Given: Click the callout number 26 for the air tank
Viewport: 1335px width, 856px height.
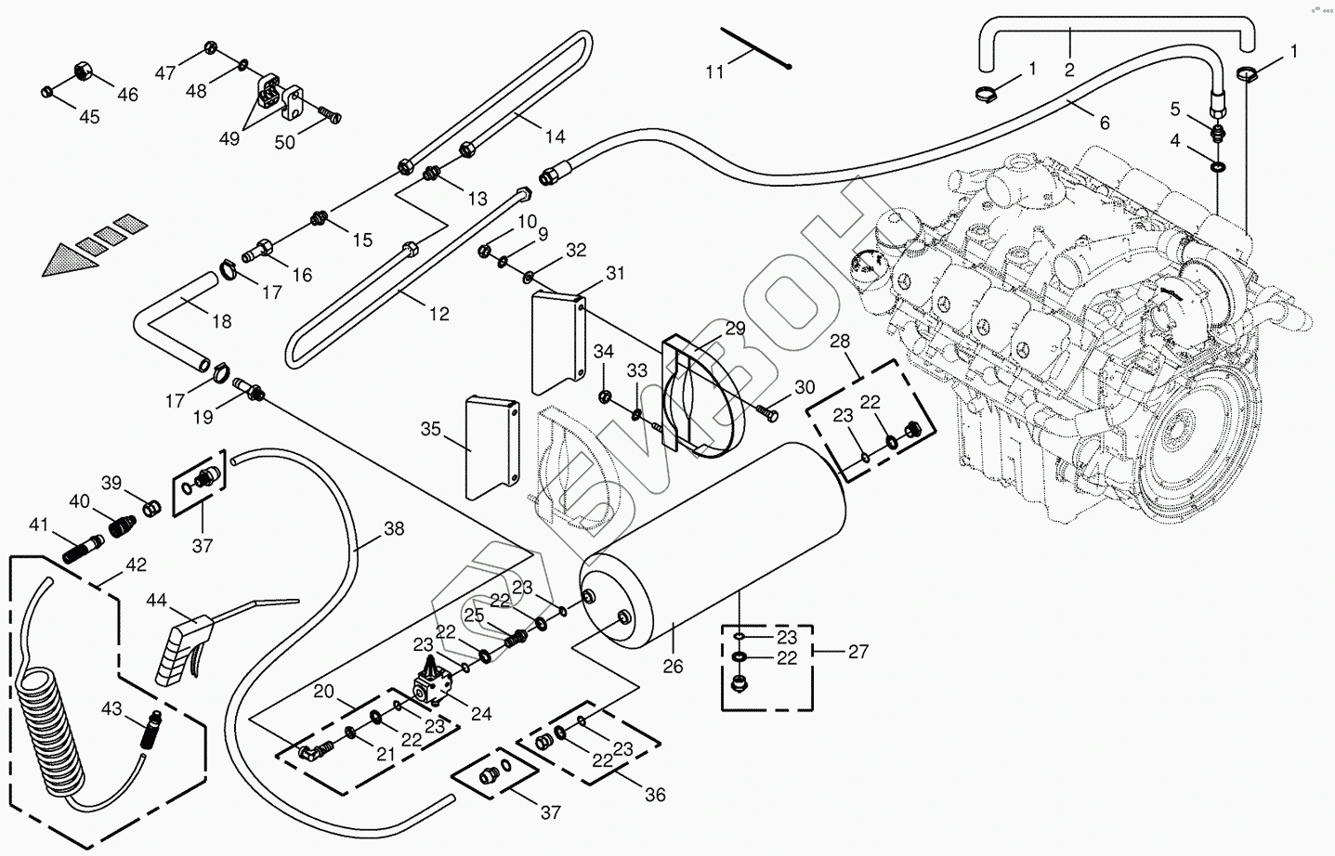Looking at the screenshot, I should [674, 667].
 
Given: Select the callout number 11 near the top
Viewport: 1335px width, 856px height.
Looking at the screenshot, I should [713, 71].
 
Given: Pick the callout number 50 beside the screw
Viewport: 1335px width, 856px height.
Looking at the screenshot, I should [284, 141].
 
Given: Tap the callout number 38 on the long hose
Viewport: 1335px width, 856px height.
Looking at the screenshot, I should [394, 529].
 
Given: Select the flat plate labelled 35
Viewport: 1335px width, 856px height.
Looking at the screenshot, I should [490, 443].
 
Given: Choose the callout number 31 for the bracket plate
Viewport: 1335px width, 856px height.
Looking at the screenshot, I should [616, 273].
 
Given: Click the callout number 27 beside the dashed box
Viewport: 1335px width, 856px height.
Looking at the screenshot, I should [858, 652].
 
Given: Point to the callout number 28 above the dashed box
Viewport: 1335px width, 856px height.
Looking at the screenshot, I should [840, 342].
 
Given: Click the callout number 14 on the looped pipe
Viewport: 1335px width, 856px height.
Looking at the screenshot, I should [555, 136].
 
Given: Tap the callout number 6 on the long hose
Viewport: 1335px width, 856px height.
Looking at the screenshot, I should [1104, 122].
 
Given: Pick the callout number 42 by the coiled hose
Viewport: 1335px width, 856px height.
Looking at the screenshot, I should [137, 564].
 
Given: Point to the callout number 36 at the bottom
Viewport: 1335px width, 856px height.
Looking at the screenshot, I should [656, 796].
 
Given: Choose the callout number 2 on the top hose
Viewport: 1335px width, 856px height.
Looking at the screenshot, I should [1069, 69].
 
